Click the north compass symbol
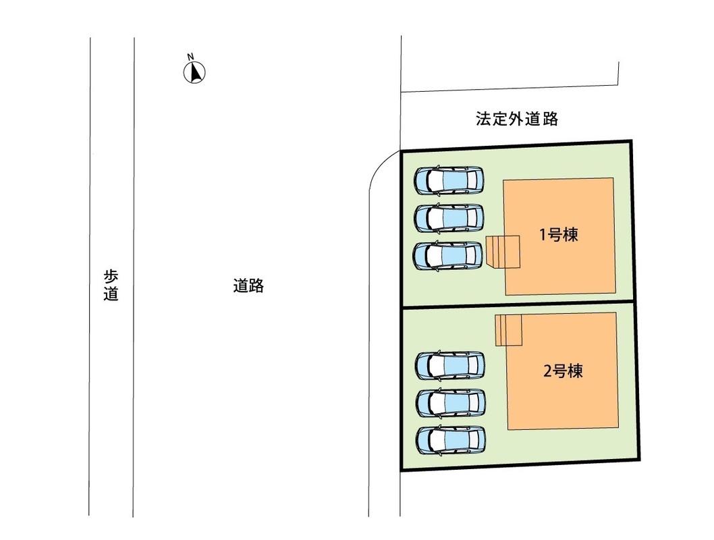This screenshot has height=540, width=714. coord(195,72)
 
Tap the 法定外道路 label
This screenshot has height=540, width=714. coord(517,119)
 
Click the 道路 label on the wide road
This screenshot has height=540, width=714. coord(248,286)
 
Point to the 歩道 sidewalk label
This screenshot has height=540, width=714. coord(111,286)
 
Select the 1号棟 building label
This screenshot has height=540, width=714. coord(559,236)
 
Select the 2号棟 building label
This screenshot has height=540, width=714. coord(563,371)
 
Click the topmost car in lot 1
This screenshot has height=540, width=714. coord(449,180)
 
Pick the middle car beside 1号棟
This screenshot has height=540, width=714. coord(449,217)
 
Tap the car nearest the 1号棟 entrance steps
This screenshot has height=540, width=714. coord(449,255)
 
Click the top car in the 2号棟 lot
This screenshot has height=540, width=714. coord(449,365)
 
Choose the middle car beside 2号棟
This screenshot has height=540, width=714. coord(451,403)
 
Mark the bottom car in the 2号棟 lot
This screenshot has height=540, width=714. coord(451,440)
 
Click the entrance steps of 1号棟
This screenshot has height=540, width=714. coord(503,252)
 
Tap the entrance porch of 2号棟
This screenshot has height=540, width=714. coord(509,330)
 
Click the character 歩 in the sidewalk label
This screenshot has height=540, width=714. coord(111,277)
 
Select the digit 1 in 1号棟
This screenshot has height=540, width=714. coord(543,236)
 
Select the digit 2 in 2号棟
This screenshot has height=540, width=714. coord(547,371)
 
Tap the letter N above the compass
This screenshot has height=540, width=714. coord(191,57)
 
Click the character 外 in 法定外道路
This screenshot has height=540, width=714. coord(517,119)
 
